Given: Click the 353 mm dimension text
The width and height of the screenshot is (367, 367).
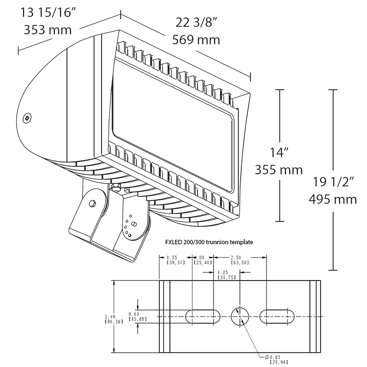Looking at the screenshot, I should (48, 30).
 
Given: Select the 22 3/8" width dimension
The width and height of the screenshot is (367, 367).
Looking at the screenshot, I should (196, 22).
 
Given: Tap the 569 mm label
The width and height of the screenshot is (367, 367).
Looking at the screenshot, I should (196, 40).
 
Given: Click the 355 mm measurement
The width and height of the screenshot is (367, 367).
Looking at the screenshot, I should (279, 169).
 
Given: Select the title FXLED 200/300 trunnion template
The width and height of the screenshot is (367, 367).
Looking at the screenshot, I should (208, 242).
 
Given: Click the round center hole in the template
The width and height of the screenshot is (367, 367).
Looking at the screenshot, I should (240, 317).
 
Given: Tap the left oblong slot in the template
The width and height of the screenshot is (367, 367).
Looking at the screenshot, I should (203, 317).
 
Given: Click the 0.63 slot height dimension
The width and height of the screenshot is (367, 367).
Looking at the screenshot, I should (134, 314).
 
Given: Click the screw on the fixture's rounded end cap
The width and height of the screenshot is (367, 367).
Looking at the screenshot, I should (28, 118).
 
